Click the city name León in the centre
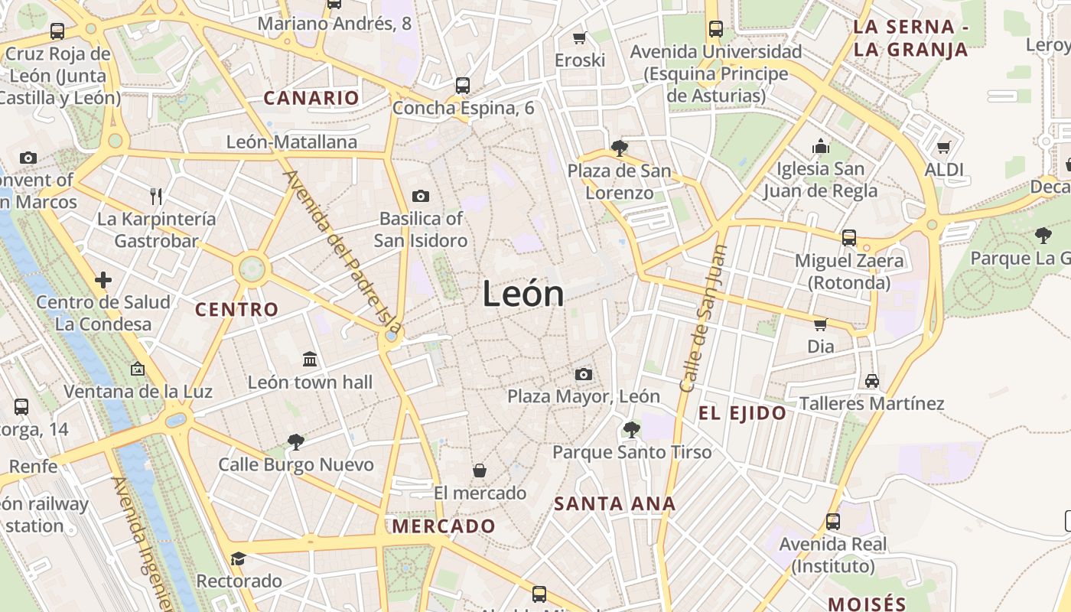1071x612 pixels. [523, 295]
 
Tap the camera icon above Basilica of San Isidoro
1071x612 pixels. [420, 197]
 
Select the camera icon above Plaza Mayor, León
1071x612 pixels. [584, 374]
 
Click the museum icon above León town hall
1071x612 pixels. [310, 359]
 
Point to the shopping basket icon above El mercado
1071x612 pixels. [480, 470]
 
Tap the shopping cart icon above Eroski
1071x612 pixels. [580, 37]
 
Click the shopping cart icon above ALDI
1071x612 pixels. [944, 147]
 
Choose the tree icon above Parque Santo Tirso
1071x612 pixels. [631, 429]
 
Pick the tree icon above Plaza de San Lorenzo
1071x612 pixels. [619, 148]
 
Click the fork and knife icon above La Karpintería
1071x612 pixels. [156, 197]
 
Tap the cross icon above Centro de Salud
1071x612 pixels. [103, 280]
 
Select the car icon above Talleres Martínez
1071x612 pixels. [871, 380]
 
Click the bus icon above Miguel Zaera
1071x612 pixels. [848, 237]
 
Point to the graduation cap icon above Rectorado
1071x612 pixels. [238, 558]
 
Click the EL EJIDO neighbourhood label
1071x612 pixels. [742, 414]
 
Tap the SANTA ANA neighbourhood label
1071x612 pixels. [615, 503]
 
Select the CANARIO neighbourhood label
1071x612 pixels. [311, 98]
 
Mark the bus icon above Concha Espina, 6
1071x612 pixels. [462, 85]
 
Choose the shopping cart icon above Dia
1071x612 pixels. [821, 324]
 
